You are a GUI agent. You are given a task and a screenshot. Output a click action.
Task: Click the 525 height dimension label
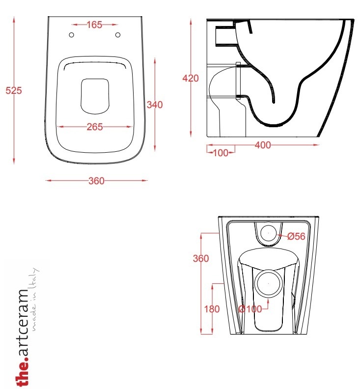14,90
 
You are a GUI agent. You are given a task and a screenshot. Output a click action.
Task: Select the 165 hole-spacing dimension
94,25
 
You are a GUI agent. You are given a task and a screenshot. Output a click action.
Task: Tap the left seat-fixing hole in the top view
71,35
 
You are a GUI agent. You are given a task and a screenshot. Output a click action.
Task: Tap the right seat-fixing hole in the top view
118,35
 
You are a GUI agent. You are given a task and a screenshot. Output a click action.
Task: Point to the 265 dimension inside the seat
95,127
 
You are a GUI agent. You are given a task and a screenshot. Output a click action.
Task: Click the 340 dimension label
155,105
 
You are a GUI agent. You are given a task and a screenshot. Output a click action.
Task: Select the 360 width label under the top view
97,181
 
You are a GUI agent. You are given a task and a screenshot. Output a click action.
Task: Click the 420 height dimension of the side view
191,79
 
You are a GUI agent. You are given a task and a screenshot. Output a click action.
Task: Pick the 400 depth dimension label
263,145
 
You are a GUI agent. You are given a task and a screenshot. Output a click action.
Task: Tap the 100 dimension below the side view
221,153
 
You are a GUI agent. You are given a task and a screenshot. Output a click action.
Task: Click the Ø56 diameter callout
296,236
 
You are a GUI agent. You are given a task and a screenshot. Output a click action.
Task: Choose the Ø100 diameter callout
250,309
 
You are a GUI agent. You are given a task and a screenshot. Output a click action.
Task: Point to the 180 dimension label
212,309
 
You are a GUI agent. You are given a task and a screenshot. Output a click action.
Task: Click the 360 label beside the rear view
201,258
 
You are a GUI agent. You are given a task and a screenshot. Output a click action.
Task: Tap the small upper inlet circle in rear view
269,233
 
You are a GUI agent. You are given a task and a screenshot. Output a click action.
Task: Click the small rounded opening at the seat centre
95,96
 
